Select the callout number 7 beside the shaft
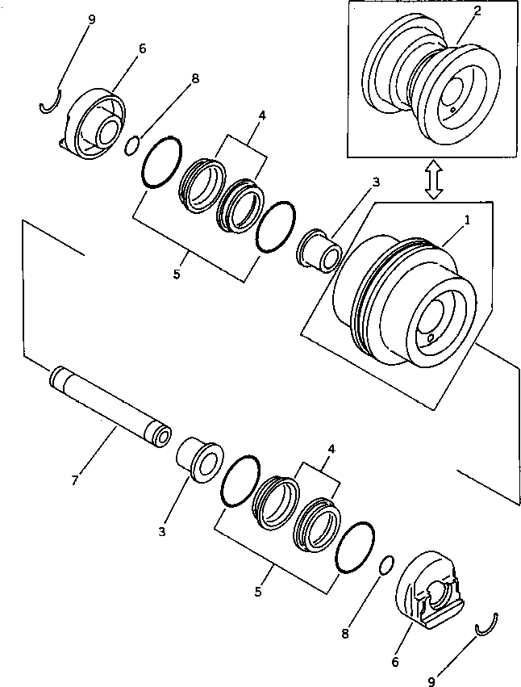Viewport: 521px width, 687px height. point(75,480)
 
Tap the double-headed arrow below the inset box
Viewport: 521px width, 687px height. point(434,179)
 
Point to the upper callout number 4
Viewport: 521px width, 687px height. point(261,115)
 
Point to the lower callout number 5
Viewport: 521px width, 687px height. point(258,592)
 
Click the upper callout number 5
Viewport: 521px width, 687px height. point(177,274)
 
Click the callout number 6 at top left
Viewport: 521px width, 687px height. point(142,48)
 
